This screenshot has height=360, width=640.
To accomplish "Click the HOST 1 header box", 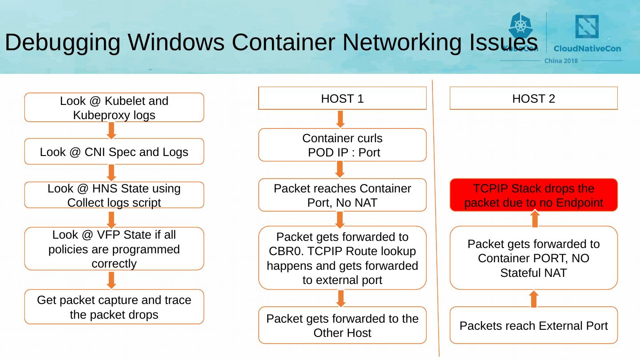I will click(342, 98).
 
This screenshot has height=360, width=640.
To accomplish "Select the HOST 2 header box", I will click(534, 98).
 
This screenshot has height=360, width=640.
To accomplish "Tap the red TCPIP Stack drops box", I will click(534, 195).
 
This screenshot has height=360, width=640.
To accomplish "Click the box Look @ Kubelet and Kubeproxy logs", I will click(114, 108).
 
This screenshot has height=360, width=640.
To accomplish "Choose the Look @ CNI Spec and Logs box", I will click(114, 152).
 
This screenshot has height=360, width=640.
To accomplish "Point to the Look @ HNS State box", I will click(114, 195).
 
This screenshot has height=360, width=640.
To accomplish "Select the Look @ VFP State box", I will click(114, 249).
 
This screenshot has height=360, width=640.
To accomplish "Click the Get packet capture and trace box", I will click(114, 307).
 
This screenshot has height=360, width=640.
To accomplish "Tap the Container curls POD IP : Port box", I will click(342, 145).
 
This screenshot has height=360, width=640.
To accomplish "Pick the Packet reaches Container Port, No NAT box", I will click(342, 195).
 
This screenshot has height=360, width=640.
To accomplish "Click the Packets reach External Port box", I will click(534, 326).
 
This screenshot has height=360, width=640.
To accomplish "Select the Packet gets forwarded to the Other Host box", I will click(342, 326).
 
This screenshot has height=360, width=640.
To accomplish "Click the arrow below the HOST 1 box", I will click(341, 119).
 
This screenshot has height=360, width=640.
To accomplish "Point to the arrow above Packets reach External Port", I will click(534, 299).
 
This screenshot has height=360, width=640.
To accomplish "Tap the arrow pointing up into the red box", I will click(535, 219).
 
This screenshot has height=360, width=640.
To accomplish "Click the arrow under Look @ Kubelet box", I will click(112, 130).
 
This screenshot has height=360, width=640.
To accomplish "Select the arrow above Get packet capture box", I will click(112, 280).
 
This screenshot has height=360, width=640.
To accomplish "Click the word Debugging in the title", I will click(63, 43).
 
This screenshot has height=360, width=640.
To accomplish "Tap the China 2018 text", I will click(561, 61).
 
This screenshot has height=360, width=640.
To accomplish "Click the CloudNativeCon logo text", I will click(587, 48).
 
